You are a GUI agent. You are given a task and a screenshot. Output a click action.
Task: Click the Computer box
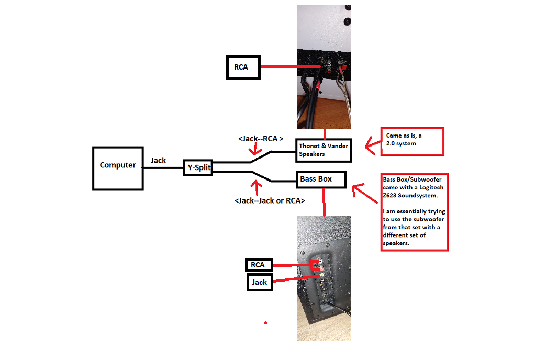point(118,168)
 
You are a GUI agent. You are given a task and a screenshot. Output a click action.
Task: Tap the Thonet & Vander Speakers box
point(324,150)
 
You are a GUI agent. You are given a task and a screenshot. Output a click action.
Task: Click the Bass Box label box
point(321,179)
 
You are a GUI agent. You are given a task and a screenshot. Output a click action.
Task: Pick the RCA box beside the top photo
point(243,67)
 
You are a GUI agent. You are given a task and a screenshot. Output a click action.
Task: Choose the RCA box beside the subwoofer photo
point(258,265)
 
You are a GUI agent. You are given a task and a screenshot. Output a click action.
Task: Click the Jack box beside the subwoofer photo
point(260,283)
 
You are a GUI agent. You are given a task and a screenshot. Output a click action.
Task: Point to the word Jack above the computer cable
point(158,160)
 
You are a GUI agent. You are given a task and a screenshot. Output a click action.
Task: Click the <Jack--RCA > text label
point(260,139)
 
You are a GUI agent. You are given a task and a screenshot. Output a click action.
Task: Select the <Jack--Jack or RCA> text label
point(270,200)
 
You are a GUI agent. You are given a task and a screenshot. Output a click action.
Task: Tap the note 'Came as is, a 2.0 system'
point(413,140)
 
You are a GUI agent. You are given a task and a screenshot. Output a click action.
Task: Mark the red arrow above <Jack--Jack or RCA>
point(255,187)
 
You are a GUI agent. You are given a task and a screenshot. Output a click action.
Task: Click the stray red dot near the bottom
point(266,323)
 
